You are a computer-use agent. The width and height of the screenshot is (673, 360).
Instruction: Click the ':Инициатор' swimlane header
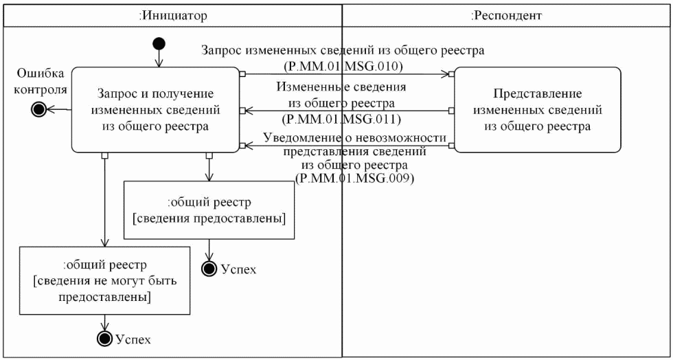point(172,14)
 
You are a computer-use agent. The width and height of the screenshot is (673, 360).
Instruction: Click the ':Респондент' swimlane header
point(507,14)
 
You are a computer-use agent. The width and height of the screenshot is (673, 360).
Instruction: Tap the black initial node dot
point(159,45)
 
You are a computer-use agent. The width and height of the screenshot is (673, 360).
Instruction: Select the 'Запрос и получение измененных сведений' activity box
point(156,109)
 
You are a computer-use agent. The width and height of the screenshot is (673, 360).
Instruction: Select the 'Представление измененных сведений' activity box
point(537,109)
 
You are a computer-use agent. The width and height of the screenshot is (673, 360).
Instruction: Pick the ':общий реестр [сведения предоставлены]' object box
point(208,210)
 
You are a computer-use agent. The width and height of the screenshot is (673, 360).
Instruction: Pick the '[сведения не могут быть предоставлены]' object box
point(104,280)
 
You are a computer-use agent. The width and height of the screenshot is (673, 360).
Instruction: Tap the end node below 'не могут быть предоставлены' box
point(105,339)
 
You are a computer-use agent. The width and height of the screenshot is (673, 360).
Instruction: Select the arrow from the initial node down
point(159,58)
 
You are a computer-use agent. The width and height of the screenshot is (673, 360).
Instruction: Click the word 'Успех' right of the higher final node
point(240,269)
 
